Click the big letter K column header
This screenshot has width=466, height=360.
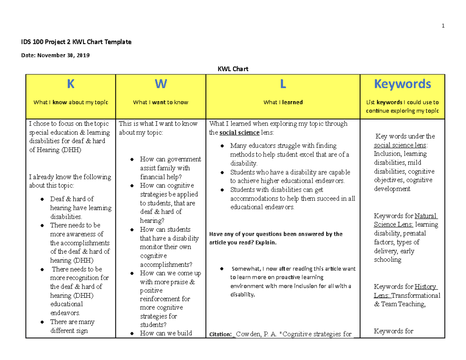pyautogui.click(x=70, y=84)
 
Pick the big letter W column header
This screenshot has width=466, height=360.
pyautogui.click(x=160, y=84)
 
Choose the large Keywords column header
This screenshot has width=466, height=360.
pyautogui.click(x=403, y=84)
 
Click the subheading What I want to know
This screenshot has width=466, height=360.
pyautogui.click(x=160, y=103)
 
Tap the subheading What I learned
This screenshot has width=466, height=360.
pyautogui.click(x=283, y=103)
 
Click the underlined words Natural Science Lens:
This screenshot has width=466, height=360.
pyautogui.click(x=405, y=220)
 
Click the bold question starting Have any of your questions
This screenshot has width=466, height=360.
pyautogui.click(x=276, y=234)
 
